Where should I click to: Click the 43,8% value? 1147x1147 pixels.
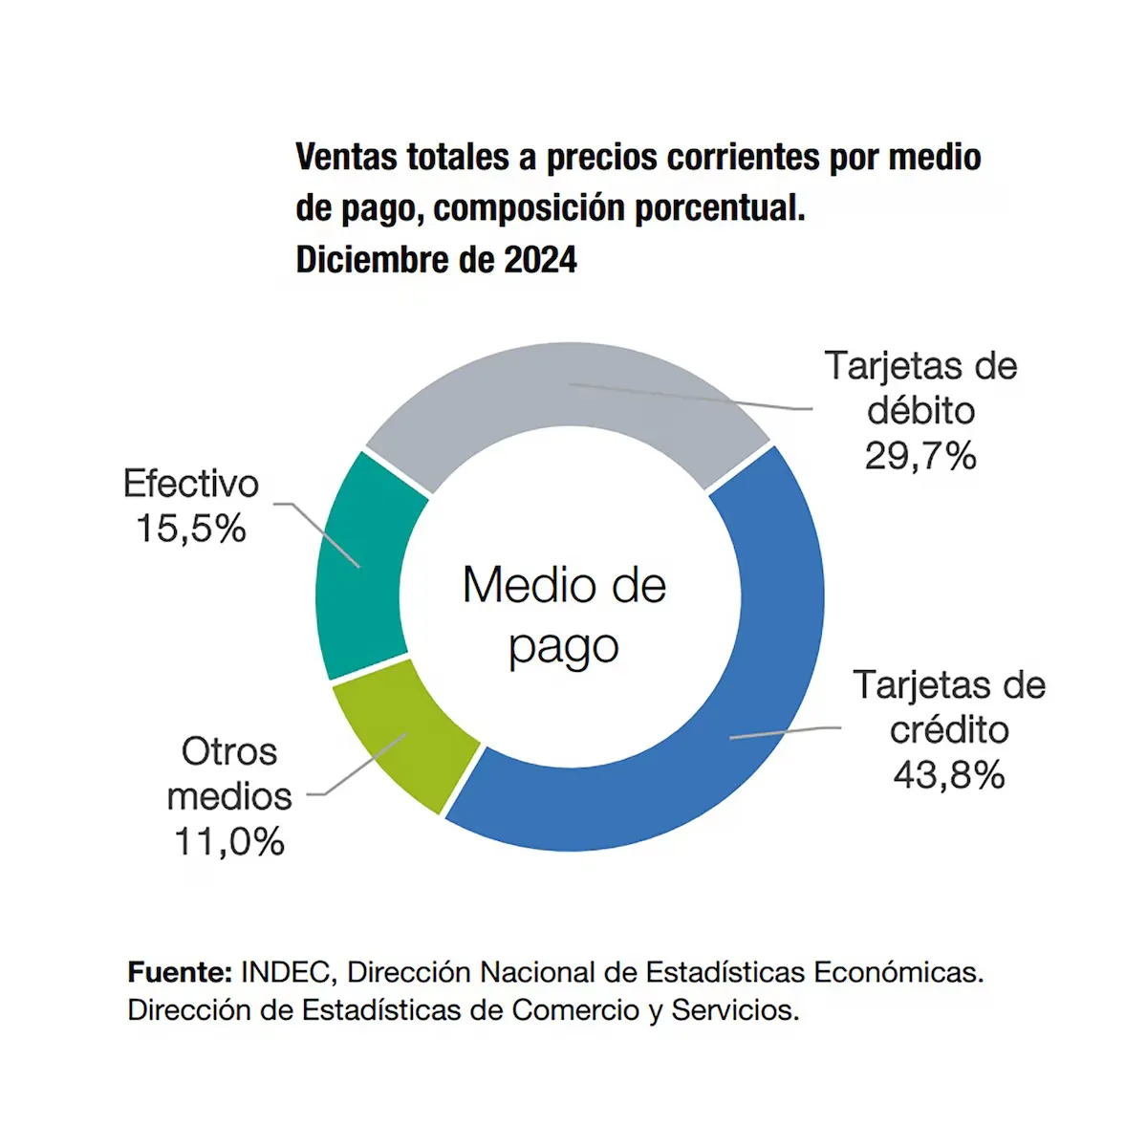pyautogui.click(x=948, y=775)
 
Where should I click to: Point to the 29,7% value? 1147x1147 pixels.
pyautogui.click(x=920, y=456)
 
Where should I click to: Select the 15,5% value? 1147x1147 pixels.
pyautogui.click(x=191, y=529)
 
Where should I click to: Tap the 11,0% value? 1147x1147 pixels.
pyautogui.click(x=229, y=842)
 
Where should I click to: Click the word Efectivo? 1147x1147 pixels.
pyautogui.click(x=191, y=484)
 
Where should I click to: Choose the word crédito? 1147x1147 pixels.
pyautogui.click(x=948, y=730)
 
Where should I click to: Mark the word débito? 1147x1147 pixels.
pyautogui.click(x=920, y=411)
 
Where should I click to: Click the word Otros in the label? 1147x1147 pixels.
pyautogui.click(x=229, y=751)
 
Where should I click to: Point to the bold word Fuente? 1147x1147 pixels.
pyautogui.click(x=180, y=973)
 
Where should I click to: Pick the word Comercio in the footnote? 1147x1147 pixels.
pyautogui.click(x=575, y=1010)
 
